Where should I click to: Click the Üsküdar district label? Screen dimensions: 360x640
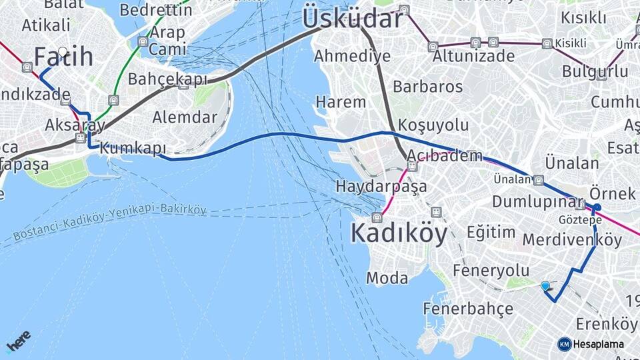(x=352, y=18)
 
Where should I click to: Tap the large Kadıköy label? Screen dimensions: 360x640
(x=399, y=234)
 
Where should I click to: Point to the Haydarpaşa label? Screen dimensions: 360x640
(x=381, y=186)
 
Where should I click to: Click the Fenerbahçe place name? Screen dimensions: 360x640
(x=468, y=309)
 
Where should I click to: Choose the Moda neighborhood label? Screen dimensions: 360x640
(x=387, y=278)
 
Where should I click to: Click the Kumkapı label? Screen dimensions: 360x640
(x=132, y=149)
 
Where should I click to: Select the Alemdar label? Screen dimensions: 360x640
(x=185, y=118)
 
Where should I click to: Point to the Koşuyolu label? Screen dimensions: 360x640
(x=433, y=125)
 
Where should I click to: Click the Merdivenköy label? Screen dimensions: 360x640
(x=572, y=239)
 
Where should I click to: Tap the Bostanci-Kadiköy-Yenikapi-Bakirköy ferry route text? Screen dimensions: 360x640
(x=110, y=223)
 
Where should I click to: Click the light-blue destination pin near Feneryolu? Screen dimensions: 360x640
(x=545, y=286)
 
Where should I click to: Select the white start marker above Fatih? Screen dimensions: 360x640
(x=63, y=51)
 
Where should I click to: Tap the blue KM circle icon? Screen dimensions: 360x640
(x=564, y=344)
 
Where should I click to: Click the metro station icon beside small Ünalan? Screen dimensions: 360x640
(x=538, y=180)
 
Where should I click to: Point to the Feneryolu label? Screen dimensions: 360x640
(x=491, y=270)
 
